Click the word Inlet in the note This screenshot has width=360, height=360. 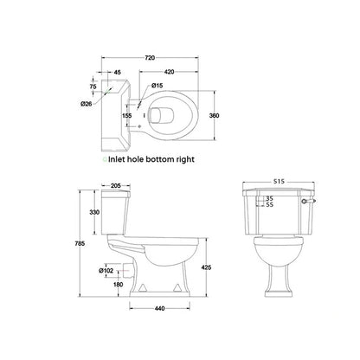click(119, 160)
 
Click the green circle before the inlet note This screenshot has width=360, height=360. click(106, 160)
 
